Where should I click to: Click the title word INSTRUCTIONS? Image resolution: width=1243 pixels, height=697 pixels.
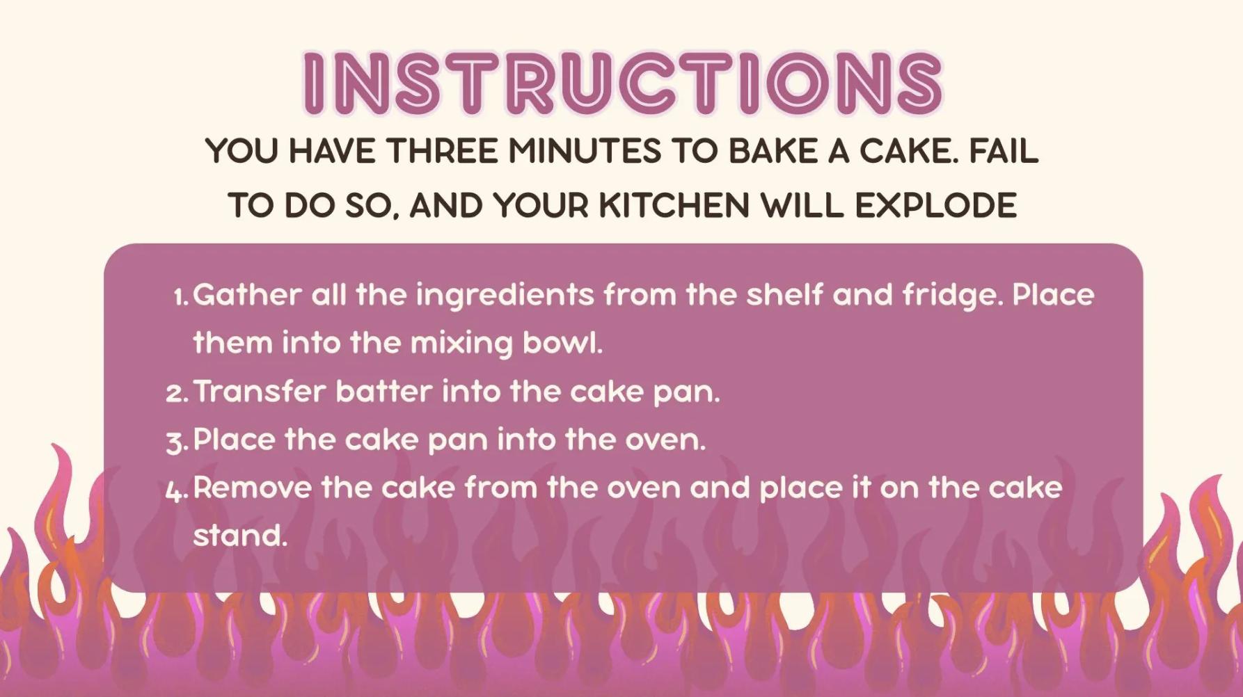tap(623, 83)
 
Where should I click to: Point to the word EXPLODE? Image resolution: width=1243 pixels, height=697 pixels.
tap(935, 206)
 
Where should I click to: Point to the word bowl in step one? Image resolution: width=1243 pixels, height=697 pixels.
tap(562, 342)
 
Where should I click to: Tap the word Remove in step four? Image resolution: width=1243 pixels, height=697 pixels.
tap(253, 488)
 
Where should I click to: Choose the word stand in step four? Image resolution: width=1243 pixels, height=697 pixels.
tap(240, 536)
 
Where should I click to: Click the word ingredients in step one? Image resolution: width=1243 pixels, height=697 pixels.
tap(505, 296)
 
